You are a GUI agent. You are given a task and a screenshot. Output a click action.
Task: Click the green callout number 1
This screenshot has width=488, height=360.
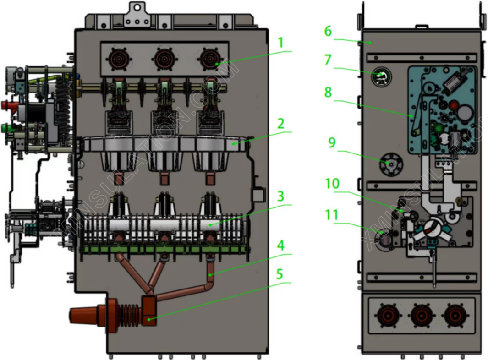click(281, 43)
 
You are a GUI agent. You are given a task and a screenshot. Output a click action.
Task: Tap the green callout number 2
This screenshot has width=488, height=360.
click(281, 123)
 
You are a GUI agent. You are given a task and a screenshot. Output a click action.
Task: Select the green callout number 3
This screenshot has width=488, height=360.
click(281, 196)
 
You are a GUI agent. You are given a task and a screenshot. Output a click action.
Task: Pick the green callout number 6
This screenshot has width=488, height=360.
click(328, 31)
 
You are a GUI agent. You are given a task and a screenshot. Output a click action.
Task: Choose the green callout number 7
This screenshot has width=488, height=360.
click(328, 60)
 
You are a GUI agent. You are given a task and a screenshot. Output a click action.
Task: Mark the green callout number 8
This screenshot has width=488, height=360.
click(328, 92)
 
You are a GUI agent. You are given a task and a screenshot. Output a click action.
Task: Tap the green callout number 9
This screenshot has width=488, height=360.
click(331, 142)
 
